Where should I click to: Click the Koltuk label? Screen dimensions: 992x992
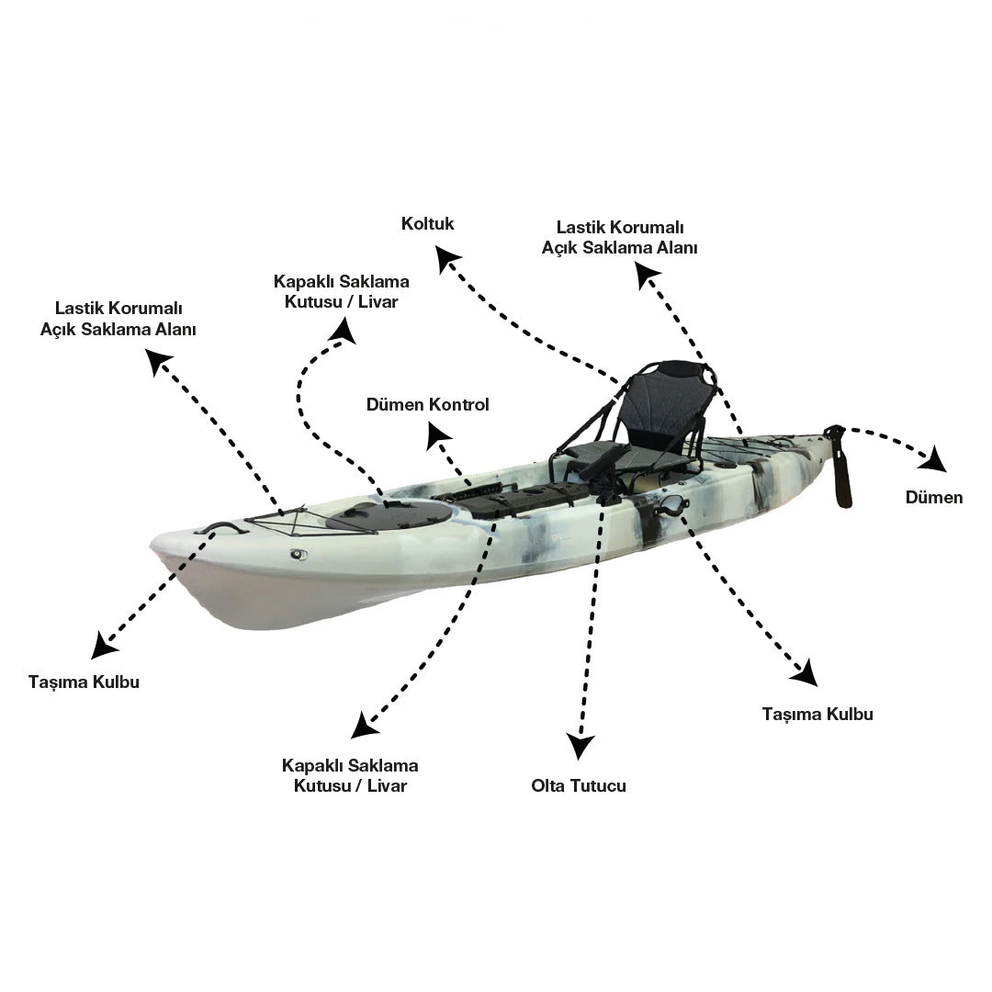click(x=428, y=223)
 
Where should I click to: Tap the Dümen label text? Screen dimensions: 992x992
click(x=934, y=497)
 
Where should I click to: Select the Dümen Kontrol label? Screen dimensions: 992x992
click(x=428, y=404)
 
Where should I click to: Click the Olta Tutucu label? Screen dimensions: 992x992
click(x=579, y=785)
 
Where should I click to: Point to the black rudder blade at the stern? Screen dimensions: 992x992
click(x=840, y=466)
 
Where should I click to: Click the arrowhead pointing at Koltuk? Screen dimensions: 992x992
click(x=448, y=258)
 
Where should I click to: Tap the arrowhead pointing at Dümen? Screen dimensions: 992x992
click(x=934, y=458)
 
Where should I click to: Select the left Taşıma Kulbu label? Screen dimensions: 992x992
click(x=85, y=682)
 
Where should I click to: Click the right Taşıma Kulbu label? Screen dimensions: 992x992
click(x=817, y=715)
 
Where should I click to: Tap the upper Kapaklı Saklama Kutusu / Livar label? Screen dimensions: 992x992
click(x=341, y=292)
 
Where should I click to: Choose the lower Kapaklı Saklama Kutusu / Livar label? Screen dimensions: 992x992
click(x=350, y=775)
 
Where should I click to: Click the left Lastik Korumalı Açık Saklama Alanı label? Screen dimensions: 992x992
click(x=118, y=319)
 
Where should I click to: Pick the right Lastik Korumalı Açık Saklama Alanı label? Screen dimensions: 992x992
click(x=619, y=237)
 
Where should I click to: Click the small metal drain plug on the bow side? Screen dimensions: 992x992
click(x=299, y=555)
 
